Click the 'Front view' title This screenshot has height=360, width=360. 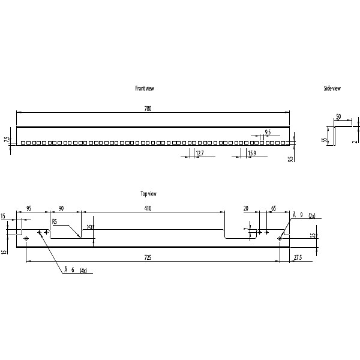145,88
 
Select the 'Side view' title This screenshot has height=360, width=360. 332,88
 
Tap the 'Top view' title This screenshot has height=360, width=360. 148,194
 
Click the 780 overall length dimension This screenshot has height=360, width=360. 148,109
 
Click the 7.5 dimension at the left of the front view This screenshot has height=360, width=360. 7,140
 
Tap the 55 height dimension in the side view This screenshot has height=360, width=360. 323,140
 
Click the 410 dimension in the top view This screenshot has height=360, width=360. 148,208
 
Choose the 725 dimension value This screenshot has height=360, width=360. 148,257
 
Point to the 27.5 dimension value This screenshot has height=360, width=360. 298,257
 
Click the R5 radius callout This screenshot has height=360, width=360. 55,221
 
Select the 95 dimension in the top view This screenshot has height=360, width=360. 28,208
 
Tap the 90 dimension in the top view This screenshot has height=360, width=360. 61,208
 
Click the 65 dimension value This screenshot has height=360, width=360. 274,208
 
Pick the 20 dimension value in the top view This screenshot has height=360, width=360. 245,208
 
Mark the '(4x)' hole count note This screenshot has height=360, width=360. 83,271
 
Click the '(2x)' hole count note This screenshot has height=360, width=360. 311,215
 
